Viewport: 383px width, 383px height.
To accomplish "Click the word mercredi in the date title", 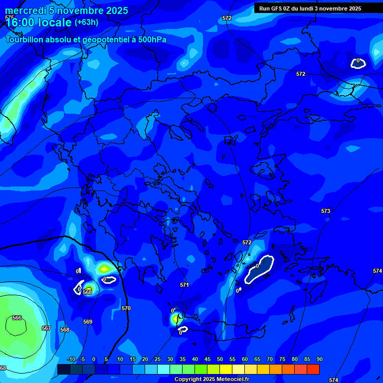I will click(25, 10).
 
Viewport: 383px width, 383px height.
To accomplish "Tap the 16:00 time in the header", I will click(20, 22).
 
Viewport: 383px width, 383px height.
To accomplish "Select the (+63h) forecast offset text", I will click(86, 22).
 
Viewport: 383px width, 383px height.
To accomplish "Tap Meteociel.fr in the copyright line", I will click(228, 380).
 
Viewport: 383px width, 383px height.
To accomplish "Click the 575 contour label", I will click(9, 17).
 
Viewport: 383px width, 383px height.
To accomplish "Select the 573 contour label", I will click(326, 211).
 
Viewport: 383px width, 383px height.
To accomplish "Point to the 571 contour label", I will click(185, 285).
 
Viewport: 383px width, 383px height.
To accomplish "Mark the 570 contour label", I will click(126, 308).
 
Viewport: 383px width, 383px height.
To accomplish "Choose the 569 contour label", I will click(88, 322).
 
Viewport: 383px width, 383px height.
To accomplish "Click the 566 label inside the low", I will click(17, 318).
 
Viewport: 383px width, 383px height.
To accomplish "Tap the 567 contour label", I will click(46, 328).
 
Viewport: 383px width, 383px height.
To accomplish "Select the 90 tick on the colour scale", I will click(319, 359).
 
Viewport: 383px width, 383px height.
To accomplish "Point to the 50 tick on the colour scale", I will click(219, 359).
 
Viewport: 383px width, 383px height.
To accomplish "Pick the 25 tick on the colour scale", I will click(157, 359).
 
